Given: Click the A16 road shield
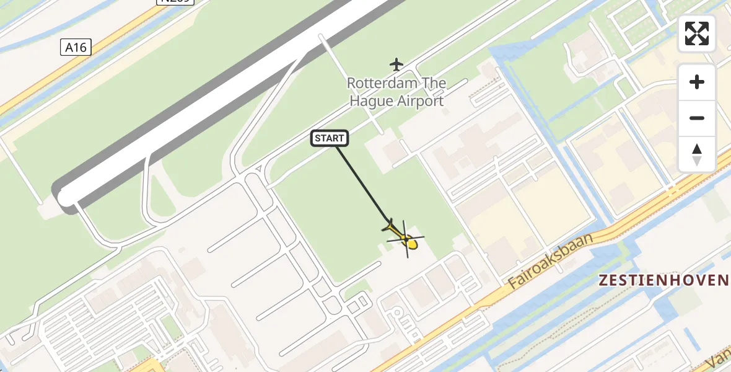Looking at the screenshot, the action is (76, 47).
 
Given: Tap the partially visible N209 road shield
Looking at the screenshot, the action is (175, 2).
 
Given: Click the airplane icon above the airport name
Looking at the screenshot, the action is (396, 64).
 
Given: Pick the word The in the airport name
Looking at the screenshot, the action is (432, 83).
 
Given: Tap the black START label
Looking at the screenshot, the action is (330, 138).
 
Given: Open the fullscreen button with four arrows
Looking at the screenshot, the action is (697, 33).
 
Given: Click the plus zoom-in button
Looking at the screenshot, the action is (697, 82).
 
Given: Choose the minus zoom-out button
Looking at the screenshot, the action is (697, 118).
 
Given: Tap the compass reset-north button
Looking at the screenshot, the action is (697, 154).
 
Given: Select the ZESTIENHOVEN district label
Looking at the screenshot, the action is (663, 280).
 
